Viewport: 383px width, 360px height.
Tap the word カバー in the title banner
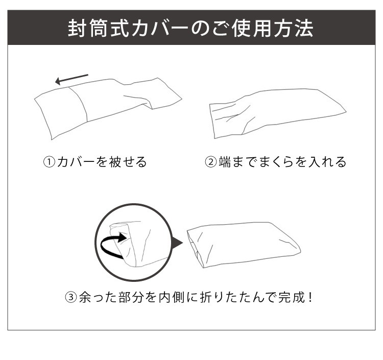[x=160, y=28]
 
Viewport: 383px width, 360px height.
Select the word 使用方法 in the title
[x=272, y=28]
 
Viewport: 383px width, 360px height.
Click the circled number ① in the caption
[x=50, y=162]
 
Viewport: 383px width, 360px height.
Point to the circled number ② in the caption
[x=211, y=162]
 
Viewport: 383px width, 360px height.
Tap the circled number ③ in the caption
[x=71, y=297]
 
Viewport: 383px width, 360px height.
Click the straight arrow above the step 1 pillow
[x=71, y=79]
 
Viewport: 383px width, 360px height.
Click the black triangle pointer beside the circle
[x=177, y=243]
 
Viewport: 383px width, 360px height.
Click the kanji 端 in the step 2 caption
[x=225, y=162]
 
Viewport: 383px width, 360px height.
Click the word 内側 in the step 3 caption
[x=172, y=297]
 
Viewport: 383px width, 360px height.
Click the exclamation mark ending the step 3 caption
[x=310, y=297]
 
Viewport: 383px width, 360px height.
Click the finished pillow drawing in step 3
[x=244, y=245]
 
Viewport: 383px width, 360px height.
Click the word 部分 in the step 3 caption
[x=131, y=297]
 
